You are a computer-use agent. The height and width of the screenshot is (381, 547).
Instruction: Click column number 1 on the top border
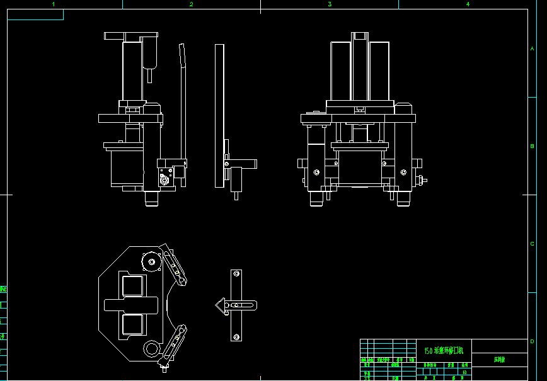click(x=53, y=4)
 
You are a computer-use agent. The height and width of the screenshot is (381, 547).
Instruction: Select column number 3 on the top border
click(x=329, y=4)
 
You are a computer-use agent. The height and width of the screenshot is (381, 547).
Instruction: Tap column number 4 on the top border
click(x=468, y=4)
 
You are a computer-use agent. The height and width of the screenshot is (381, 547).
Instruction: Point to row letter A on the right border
click(x=533, y=48)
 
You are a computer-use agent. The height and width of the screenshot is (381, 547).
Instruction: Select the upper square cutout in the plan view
click(x=134, y=286)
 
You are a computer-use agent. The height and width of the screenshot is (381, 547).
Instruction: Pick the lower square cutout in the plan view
click(x=134, y=325)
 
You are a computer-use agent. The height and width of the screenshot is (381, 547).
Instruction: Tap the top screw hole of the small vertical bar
click(x=236, y=275)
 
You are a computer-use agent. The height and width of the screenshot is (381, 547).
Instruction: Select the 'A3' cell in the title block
click(x=464, y=372)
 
